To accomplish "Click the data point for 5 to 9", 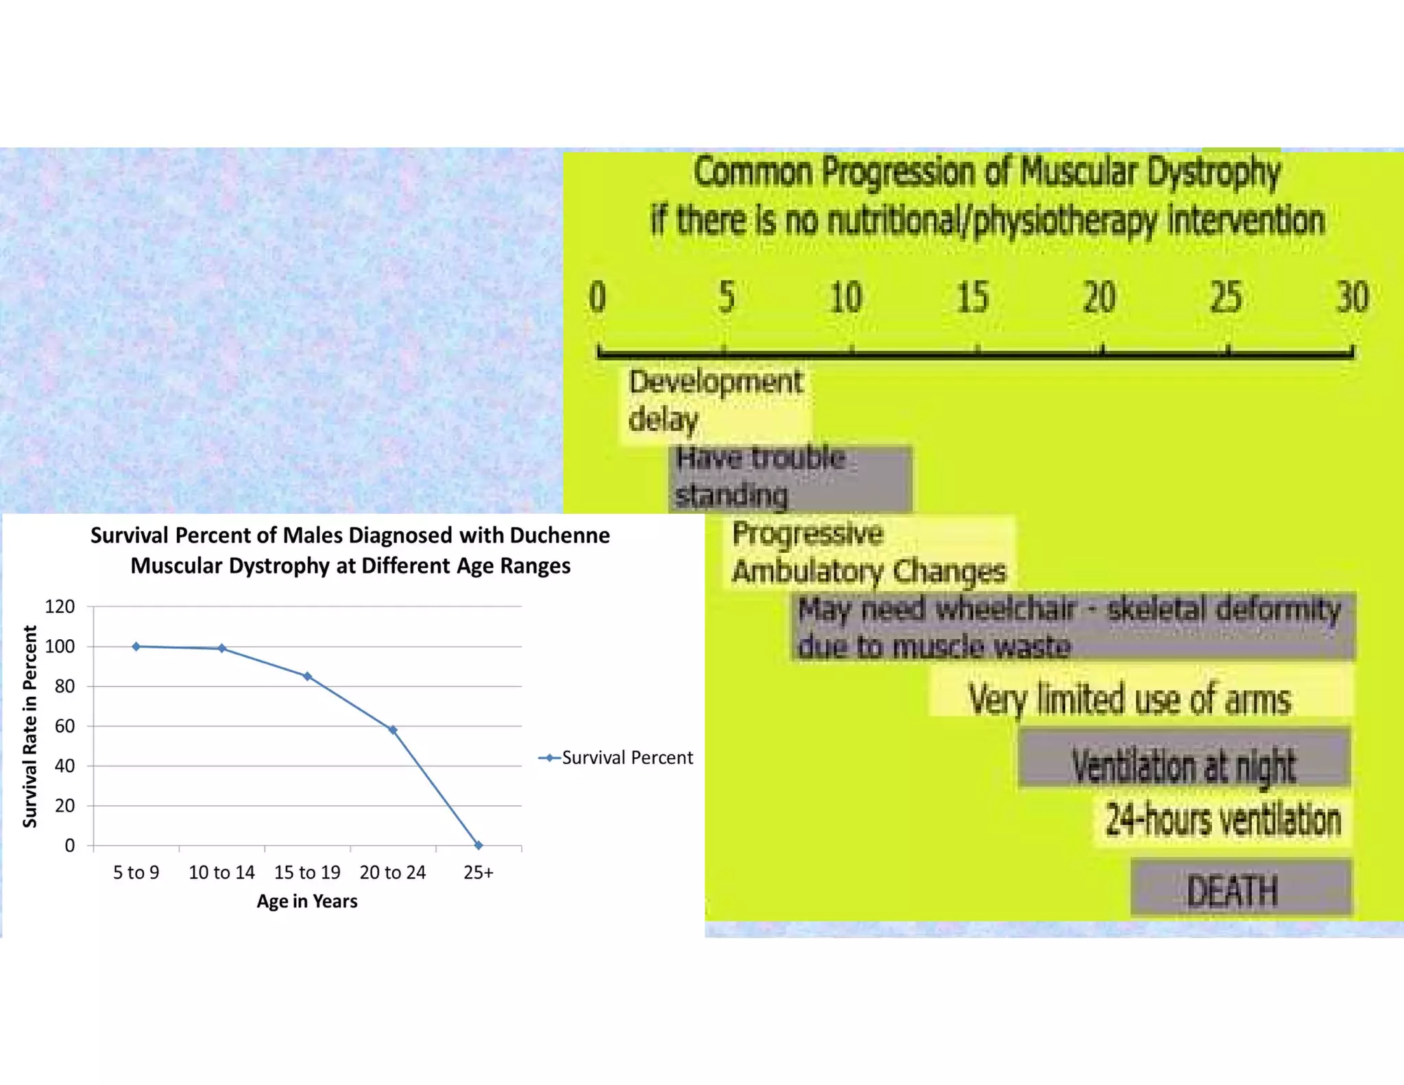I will click(x=136, y=646).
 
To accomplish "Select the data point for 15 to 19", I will click(x=307, y=676).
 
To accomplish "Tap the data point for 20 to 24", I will click(x=393, y=730).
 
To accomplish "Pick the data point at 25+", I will click(x=479, y=846).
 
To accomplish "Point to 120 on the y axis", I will click(x=60, y=606).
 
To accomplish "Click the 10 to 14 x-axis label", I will click(x=221, y=872).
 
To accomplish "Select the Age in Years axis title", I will click(x=307, y=901).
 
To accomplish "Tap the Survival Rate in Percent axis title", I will click(x=29, y=726).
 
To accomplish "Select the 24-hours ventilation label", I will click(x=1223, y=820).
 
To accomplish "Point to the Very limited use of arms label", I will click(x=1129, y=699).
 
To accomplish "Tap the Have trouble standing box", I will click(x=790, y=477).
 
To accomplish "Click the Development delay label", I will click(x=715, y=401).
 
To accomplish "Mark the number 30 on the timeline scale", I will click(x=1353, y=298).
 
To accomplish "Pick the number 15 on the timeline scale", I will click(x=973, y=298).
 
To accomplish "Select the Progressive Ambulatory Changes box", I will click(x=869, y=553).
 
